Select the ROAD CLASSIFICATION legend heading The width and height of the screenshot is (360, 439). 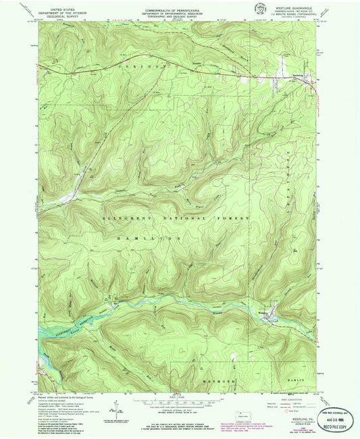(294, 396)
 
